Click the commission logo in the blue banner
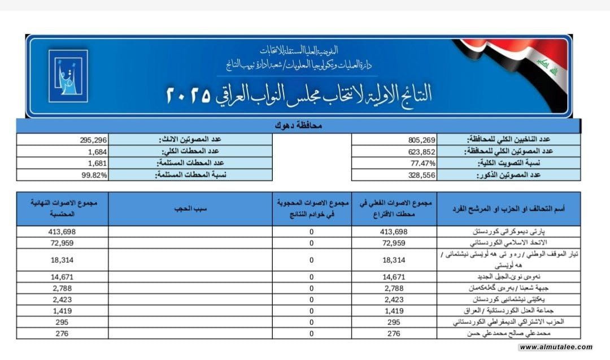pyautogui.click(x=68, y=76)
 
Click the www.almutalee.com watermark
pyautogui.click(x=556, y=347)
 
